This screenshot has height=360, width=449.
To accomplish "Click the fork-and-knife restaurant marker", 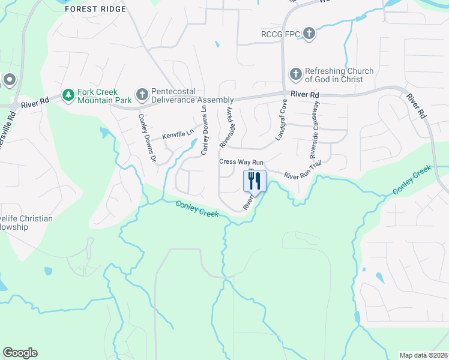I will [x=255, y=181].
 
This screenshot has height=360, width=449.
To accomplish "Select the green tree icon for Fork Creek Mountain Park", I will [x=68, y=95].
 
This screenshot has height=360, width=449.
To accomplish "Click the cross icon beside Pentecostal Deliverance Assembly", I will [x=142, y=94].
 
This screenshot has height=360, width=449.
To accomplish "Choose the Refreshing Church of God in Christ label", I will [x=339, y=75].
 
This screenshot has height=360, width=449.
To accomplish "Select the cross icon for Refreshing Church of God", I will [x=295, y=74].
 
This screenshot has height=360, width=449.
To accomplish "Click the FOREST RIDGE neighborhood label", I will [x=95, y=9].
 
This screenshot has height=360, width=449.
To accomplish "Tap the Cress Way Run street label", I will [x=242, y=162].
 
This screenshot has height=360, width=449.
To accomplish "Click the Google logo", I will [x=20, y=353].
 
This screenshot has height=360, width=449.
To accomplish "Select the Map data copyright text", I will [x=424, y=355].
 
